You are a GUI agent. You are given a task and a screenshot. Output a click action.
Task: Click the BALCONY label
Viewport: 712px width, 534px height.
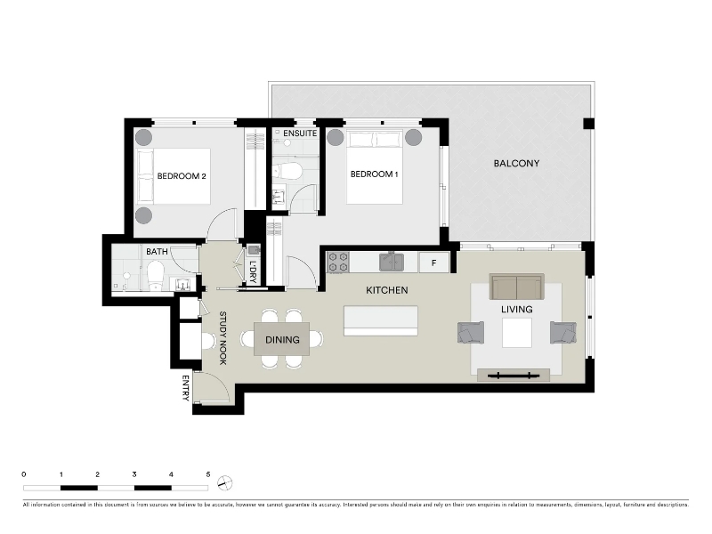[x=516, y=163]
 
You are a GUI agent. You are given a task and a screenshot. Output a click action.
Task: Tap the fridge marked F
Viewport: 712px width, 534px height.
[x=434, y=263]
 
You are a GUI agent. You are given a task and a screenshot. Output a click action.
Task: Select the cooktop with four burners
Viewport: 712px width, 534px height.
[x=338, y=263]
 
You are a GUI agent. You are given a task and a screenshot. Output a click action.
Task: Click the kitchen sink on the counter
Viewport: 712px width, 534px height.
[x=392, y=262]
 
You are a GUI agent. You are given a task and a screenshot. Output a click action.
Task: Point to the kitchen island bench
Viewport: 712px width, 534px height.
[x=381, y=320]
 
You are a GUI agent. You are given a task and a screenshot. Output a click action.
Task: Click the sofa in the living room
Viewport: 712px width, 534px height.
[x=517, y=287]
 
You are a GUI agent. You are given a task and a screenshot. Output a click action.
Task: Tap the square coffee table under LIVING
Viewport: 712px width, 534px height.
[x=517, y=333]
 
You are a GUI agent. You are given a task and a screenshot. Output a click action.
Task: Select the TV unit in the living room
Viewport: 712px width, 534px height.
[x=514, y=375]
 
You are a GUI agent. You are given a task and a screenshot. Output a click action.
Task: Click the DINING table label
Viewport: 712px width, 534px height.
[x=282, y=340]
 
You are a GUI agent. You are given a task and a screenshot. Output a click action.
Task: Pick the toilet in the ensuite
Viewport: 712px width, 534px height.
[x=288, y=171]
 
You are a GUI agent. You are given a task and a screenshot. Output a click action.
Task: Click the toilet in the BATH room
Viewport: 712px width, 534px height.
[x=156, y=274]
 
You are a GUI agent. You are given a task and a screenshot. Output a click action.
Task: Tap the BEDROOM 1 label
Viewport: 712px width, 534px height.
[x=374, y=174]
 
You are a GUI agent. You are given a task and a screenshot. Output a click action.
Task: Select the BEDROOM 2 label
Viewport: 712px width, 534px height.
[x=182, y=176]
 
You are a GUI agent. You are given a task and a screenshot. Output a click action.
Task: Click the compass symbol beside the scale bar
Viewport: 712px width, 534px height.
[x=224, y=482]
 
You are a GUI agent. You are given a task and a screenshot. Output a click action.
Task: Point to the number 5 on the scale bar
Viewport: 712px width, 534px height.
[x=208, y=474]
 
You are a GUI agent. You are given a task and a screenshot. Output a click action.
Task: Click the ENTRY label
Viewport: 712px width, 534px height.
[x=185, y=388]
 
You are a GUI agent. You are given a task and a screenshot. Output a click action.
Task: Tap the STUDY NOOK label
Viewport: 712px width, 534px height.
[x=223, y=338]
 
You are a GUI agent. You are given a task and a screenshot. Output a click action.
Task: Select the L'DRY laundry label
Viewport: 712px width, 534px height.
[x=253, y=272]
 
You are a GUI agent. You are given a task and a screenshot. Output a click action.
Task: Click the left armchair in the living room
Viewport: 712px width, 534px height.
[x=471, y=332]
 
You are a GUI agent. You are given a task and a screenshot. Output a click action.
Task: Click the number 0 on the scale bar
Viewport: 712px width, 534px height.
[x=24, y=474]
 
